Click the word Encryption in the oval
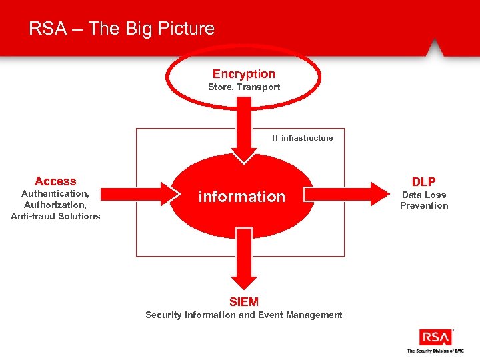pos(244,74)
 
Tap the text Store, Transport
pos(244,87)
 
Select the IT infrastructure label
pos(302,138)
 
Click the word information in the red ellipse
pos(241,197)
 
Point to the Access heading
pos(55,181)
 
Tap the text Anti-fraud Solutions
pos(55,216)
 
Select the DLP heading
pos(424,182)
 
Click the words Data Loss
pos(424,195)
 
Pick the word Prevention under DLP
pos(424,205)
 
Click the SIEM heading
pos(244,302)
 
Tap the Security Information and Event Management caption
pos(244,315)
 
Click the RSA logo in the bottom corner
pos(435,337)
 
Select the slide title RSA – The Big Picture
pos(122,29)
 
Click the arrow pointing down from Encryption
pos(245,130)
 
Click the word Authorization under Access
pos(55,205)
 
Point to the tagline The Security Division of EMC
pos(435,351)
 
